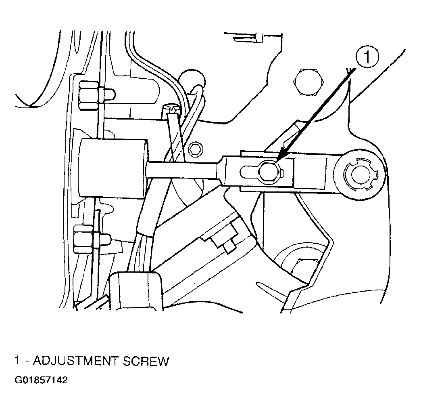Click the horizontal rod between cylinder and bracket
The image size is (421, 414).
point(183,170)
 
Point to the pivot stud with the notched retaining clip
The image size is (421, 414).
point(360,177)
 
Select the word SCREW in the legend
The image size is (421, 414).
point(146,361)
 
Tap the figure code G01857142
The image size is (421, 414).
point(41,380)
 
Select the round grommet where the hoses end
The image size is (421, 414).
point(192,80)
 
